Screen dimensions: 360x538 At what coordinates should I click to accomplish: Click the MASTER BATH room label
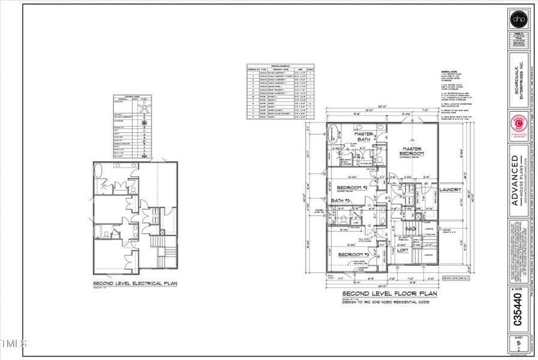point(365,137)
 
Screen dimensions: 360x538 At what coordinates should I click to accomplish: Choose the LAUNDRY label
point(450,190)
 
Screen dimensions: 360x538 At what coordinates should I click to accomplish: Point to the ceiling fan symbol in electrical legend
point(143,109)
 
